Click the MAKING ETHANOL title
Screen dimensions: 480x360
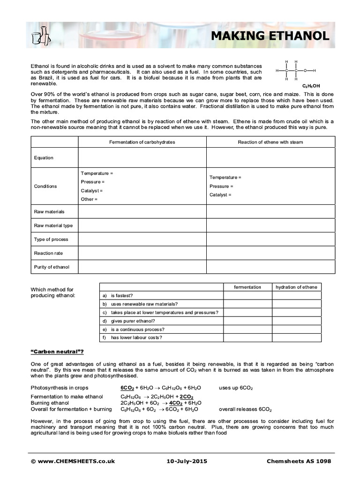tap(269, 36)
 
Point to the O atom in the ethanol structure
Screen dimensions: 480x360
tap(305, 71)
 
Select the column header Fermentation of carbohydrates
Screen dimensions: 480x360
tap(142, 142)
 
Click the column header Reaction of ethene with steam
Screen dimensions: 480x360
tap(270, 142)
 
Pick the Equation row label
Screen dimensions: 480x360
tap(44, 158)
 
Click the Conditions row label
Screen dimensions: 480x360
tap(45, 186)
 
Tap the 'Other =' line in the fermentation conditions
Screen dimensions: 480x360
tap(89, 199)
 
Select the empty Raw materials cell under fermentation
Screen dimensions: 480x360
tap(142, 212)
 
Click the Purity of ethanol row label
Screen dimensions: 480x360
tap(52, 267)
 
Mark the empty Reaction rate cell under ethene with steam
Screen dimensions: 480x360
tap(270, 253)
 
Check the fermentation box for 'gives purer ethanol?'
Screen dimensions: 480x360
tap(247, 321)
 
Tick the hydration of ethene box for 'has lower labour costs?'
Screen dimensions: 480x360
tap(297, 337)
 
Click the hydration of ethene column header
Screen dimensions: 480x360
tap(297, 287)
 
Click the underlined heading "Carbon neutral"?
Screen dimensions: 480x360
tap(57, 352)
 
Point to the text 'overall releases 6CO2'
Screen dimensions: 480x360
tap(245, 409)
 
